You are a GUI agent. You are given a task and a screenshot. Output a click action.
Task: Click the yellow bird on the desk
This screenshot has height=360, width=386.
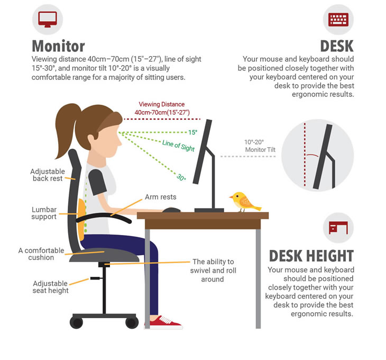(244, 202)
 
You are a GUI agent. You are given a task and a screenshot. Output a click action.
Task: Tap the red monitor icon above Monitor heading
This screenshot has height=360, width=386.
(48, 20)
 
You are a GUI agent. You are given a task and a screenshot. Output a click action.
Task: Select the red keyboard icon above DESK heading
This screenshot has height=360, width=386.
(338, 20)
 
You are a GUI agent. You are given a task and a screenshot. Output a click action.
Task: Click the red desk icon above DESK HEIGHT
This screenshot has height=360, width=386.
(338, 228)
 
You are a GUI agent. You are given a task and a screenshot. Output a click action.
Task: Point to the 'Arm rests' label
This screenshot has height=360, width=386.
(161, 197)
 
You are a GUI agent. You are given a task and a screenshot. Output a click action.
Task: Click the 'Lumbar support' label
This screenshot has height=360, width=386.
(44, 213)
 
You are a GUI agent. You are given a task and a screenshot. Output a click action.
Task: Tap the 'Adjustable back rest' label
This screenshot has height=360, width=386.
(48, 175)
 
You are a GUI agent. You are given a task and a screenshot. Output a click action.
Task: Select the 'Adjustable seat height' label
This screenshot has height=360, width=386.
(50, 287)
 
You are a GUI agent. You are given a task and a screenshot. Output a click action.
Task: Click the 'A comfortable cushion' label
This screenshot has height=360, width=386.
(41, 254)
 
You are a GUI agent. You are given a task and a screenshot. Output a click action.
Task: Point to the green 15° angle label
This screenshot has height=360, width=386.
(193, 132)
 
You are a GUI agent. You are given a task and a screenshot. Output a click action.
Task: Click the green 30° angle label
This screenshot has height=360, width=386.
(181, 177)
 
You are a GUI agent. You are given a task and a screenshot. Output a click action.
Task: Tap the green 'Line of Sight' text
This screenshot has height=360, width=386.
(179, 146)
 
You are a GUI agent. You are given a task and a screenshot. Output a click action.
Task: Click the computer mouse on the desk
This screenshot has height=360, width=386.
(171, 210)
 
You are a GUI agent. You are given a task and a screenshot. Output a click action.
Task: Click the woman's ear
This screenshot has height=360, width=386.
(91, 140)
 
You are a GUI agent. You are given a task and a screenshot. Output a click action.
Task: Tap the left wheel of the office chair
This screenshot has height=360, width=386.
(76, 322)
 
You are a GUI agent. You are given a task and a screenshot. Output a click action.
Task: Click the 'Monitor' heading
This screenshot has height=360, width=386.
(58, 46)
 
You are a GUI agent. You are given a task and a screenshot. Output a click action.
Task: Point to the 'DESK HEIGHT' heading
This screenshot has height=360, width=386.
(311, 256)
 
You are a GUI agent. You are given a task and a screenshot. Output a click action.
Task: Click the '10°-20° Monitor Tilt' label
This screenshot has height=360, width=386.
(260, 146)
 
